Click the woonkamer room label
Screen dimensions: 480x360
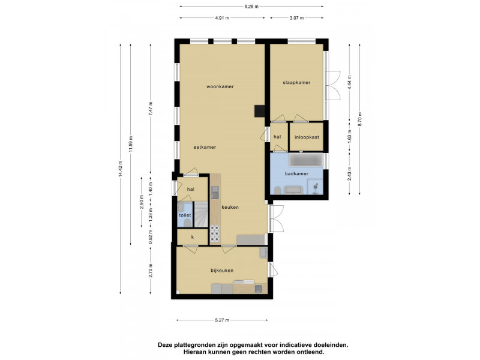click(220, 86)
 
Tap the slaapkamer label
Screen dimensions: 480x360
click(296, 82)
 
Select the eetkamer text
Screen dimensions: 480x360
click(205, 147)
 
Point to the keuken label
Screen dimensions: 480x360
click(230, 207)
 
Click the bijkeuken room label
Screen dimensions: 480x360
click(222, 271)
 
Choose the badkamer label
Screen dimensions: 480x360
click(296, 174)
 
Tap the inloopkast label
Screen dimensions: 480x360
click(307, 137)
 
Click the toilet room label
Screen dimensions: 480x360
click(185, 215)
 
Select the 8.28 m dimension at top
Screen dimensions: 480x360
click(251, 6)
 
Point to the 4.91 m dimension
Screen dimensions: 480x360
click(222, 18)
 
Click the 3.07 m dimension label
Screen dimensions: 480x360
click(296, 18)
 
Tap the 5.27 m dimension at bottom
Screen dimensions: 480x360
click(222, 320)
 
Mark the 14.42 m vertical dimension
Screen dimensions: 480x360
click(121, 169)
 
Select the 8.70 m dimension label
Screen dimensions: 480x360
click(359, 119)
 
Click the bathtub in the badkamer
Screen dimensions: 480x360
click(305, 160)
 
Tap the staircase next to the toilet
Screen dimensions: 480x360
click(202, 214)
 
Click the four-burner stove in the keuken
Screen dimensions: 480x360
click(215, 234)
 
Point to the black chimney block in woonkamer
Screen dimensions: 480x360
click(260, 111)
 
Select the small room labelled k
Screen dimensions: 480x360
click(193, 237)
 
